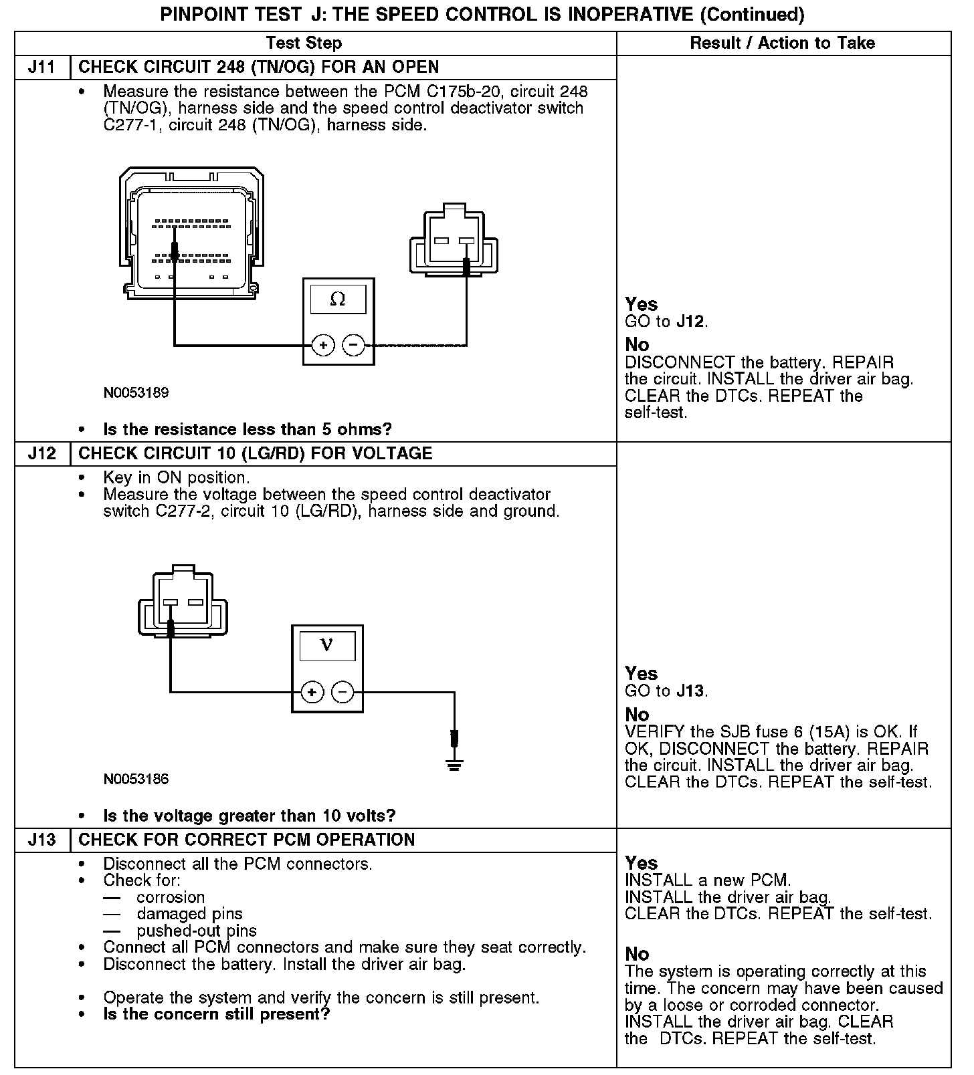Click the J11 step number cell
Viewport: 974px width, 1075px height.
tap(41, 68)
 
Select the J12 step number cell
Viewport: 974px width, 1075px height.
tap(41, 454)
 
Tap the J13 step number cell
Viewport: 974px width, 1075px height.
tap(41, 840)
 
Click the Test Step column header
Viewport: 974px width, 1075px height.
tap(304, 43)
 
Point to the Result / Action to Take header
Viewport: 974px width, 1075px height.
tap(782, 43)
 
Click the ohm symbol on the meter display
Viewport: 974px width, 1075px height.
tap(338, 300)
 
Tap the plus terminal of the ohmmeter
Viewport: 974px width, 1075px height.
tap(323, 346)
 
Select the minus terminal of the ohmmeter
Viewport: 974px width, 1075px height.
tap(353, 346)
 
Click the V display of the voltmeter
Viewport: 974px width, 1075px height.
tap(327, 645)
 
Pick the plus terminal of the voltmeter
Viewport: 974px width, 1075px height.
tap(312, 692)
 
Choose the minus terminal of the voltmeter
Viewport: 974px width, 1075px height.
tap(343, 692)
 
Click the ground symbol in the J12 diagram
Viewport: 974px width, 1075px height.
tap(454, 763)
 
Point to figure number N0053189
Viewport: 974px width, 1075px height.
tap(136, 393)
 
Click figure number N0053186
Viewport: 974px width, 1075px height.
tap(136, 780)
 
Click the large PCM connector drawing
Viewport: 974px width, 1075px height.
tap(191, 231)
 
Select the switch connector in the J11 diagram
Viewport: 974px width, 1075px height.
tap(454, 242)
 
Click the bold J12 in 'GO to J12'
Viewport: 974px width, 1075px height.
tap(690, 322)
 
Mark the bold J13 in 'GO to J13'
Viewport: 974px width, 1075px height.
tap(690, 691)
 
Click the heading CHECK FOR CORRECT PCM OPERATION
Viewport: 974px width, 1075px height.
tap(247, 840)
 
